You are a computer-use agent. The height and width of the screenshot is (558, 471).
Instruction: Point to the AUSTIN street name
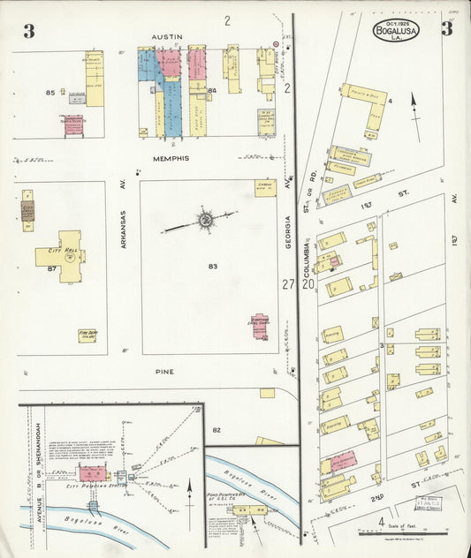coord(167,37)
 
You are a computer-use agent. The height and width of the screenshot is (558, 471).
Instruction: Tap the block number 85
coord(50,92)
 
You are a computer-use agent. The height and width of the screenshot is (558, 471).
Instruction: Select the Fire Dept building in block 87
coord(87,336)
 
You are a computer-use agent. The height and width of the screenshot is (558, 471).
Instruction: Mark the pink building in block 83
coord(261,325)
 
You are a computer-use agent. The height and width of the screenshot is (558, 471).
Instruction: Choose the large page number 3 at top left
coord(28,32)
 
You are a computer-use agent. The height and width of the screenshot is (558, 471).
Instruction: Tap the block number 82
coord(216,429)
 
